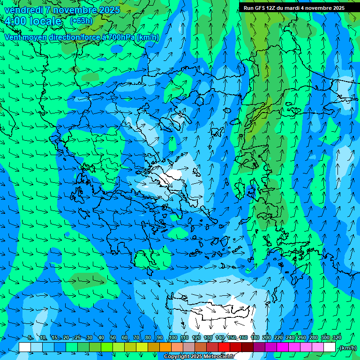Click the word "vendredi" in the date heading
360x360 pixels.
pyautogui.click(x=22, y=10)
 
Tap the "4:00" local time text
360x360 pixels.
pyautogui.click(x=17, y=21)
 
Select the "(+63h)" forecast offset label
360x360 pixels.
pyautogui.click(x=81, y=21)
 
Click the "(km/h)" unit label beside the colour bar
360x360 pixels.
pyautogui.click(x=347, y=348)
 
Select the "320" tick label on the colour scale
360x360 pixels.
pyautogui.click(x=337, y=337)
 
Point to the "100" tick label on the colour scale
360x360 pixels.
pyautogui.click(x=173, y=337)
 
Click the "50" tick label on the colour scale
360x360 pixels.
pyautogui.click(x=113, y=337)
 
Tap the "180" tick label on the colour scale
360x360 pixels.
pyautogui.click(x=255, y=337)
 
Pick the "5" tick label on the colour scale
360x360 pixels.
pyautogui.click(x=30, y=337)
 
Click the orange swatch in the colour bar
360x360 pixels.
pyautogui.click(x=165, y=347)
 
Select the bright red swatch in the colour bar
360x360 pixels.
pyautogui.click(x=224, y=347)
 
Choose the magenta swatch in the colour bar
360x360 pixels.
pyautogui.click(x=283, y=347)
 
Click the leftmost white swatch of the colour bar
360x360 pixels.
pyautogui.click(x=25, y=347)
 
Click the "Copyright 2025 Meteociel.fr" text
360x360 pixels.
pyautogui.click(x=199, y=357)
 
